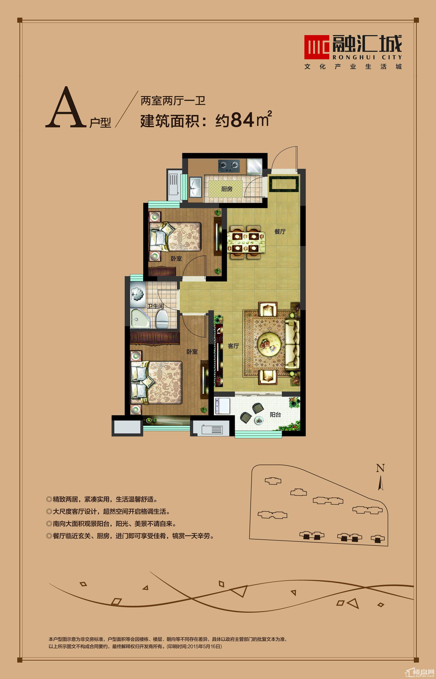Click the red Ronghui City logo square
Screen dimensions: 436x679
[x=317, y=47]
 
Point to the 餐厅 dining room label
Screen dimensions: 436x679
[x=280, y=231]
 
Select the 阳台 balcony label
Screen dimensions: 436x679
[x=275, y=415]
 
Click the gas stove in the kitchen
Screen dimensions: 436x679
[x=229, y=166]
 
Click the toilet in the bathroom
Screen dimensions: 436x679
[x=162, y=319]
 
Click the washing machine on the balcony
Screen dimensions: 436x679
[x=222, y=406]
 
